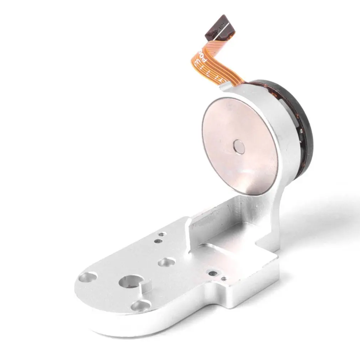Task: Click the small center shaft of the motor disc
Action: pos(238,146)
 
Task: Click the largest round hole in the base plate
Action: pos(132,282)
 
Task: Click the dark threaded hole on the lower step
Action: pos(213,273)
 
